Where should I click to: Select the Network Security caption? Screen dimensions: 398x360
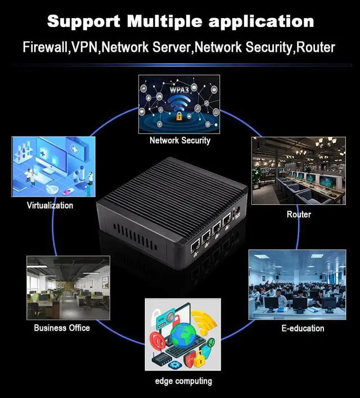coord(180,140)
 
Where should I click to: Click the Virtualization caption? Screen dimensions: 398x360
coord(50,205)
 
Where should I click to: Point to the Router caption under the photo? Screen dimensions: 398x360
coord(299,214)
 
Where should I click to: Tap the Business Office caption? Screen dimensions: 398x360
coord(62,328)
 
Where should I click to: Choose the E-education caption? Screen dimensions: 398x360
coord(303,328)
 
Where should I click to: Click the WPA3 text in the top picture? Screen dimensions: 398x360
coord(181,89)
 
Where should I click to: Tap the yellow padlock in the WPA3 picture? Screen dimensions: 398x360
coord(179,117)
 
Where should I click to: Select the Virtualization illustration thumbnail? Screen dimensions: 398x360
coord(51,167)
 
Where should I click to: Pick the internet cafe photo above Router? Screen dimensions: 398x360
coord(298,171)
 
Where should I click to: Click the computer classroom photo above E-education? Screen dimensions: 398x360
coord(297,285)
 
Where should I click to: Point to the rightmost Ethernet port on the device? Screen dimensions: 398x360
coord(227,221)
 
